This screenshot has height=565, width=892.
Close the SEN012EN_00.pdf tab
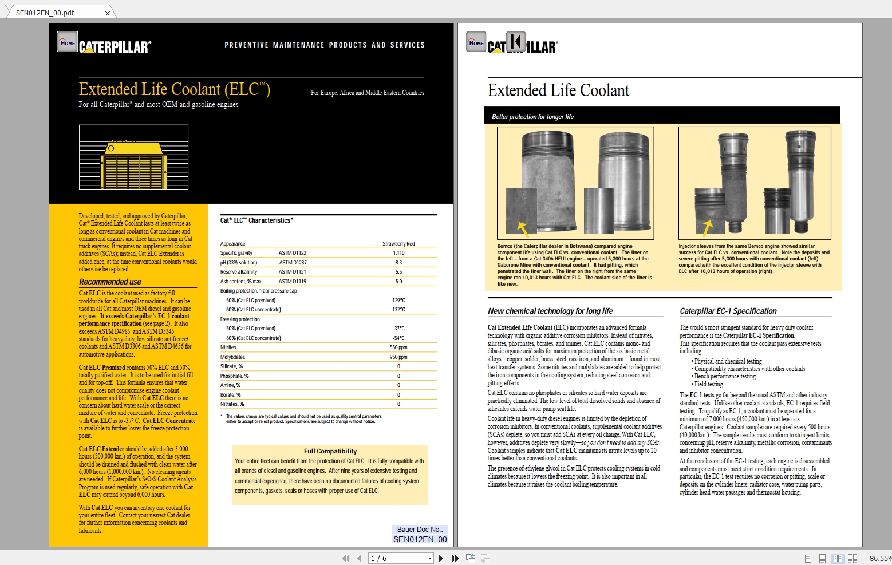coord(107,13)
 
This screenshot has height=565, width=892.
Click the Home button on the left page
coord(68,42)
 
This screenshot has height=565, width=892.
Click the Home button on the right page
coord(476,42)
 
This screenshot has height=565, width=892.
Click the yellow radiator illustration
coord(133,164)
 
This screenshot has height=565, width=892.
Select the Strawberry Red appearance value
coord(398,244)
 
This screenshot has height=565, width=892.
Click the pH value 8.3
coord(398,263)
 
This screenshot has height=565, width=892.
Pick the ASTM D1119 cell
coord(293,282)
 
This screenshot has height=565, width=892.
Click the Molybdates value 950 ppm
coord(398,357)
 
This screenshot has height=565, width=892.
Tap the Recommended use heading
coord(110,282)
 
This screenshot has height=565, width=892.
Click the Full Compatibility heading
coord(330,451)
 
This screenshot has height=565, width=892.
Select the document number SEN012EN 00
coord(420,539)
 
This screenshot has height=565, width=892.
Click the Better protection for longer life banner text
coord(532,117)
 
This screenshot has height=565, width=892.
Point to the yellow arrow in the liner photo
coord(523,229)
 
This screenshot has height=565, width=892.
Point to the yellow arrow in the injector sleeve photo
coord(707,227)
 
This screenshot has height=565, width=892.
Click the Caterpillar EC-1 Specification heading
coord(728,311)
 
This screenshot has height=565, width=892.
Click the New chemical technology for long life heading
coord(550,311)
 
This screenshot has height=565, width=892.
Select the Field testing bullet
coord(708,384)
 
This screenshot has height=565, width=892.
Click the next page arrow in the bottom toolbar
coord(441,558)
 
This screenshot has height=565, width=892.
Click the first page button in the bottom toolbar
coord(345,558)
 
